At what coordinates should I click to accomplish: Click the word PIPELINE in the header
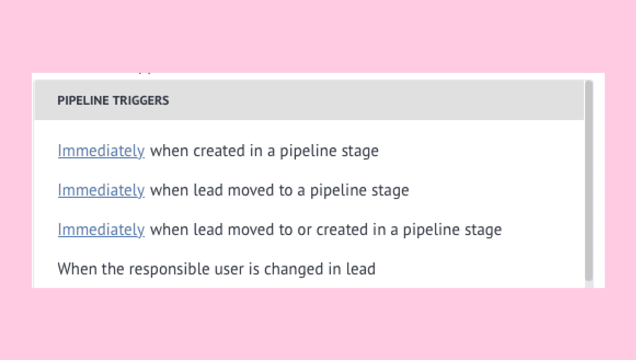pyautogui.click(x=83, y=101)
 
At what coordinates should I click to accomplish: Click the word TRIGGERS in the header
pyautogui.click(x=141, y=101)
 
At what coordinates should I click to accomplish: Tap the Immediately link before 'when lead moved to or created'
pyautogui.click(x=101, y=230)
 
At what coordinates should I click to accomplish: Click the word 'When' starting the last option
pyautogui.click(x=77, y=269)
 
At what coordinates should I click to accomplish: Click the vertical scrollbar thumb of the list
pyautogui.click(x=589, y=181)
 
